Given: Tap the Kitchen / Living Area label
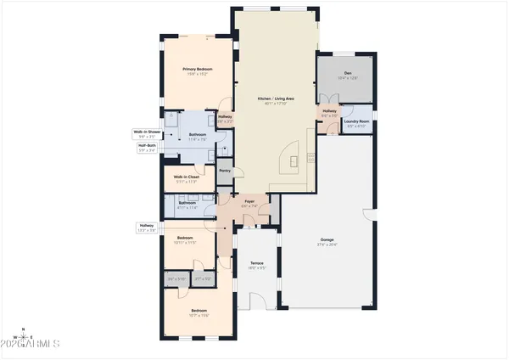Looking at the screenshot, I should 275,101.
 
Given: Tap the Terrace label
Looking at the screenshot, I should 256,266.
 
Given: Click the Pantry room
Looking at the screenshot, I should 225,171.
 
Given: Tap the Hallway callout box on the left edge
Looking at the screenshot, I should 146,228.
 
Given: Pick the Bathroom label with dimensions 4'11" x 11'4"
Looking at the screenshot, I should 187,205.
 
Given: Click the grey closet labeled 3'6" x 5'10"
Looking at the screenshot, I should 176,278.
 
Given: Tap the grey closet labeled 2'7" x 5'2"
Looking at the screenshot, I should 203,278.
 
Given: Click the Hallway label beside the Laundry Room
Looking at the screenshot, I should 329,114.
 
